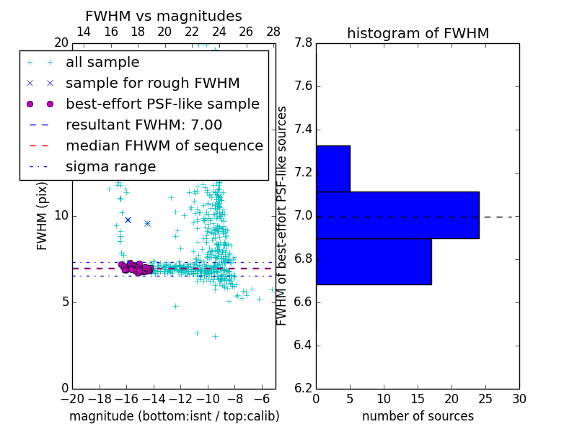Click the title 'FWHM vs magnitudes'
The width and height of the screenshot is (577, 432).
(164, 16)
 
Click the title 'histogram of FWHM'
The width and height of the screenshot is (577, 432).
(418, 33)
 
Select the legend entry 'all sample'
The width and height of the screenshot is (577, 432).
(102, 63)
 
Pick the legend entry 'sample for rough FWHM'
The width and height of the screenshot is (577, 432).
(152, 84)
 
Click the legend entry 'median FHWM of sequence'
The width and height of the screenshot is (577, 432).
(164, 145)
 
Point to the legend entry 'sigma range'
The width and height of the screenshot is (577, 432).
(110, 167)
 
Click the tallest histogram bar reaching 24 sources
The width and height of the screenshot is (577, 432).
(397, 215)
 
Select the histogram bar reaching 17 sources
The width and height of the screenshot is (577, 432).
(374, 261)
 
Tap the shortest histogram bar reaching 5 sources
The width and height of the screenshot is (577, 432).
(333, 168)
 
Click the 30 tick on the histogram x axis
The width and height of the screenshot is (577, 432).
(519, 398)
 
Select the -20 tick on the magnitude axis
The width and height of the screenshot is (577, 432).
(72, 398)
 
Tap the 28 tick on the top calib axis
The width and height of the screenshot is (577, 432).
(273, 32)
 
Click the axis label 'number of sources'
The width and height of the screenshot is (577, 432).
(418, 416)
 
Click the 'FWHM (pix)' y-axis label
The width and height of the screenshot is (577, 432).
(43, 217)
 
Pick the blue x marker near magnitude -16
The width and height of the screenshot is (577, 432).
(128, 220)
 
